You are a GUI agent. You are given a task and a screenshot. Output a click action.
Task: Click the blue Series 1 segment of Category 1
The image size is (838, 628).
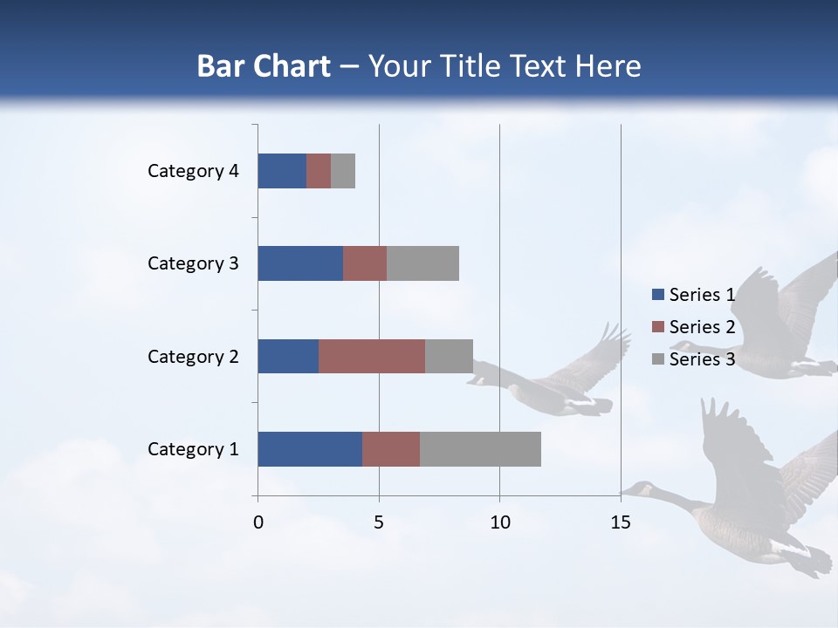click(310, 449)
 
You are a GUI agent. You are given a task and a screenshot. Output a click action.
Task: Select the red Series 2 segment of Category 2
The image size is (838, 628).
click(372, 356)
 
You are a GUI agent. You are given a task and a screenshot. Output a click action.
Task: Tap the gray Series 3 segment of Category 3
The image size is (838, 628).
click(422, 263)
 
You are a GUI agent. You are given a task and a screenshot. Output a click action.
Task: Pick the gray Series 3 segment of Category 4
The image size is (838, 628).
click(343, 171)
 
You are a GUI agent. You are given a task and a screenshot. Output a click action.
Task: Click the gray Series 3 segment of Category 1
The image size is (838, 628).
click(480, 449)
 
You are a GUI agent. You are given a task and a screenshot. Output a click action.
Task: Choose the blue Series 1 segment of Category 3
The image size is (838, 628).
click(300, 263)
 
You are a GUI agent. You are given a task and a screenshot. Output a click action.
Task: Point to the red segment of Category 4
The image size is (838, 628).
click(319, 171)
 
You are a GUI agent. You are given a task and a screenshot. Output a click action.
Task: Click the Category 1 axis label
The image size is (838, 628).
click(193, 449)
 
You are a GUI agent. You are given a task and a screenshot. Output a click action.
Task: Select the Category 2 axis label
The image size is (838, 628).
click(193, 356)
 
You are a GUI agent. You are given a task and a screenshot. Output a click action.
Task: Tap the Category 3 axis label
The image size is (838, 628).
click(193, 263)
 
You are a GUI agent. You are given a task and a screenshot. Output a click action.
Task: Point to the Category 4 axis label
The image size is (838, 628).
click(193, 171)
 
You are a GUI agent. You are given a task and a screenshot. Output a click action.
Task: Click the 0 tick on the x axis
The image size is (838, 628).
click(258, 522)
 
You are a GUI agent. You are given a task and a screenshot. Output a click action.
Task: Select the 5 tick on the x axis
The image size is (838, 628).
click(379, 522)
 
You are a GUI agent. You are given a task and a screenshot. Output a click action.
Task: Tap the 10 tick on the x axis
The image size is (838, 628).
click(499, 522)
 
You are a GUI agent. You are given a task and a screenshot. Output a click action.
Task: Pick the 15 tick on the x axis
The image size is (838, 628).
click(621, 522)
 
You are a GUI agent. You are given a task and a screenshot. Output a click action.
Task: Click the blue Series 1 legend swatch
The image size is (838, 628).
click(657, 295)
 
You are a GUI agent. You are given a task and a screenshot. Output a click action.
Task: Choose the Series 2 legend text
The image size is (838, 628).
click(702, 327)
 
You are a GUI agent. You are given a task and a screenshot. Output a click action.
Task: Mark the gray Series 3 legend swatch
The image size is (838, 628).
click(657, 359)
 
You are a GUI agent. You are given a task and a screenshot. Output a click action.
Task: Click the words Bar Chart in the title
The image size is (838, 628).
click(264, 66)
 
